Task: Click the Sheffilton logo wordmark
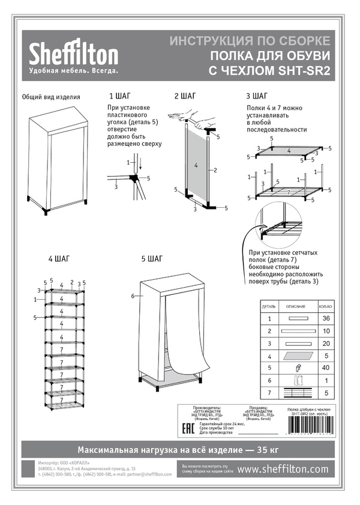74,55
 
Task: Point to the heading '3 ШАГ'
257,96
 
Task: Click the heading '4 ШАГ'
59,259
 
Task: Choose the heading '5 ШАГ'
152,259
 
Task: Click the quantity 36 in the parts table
326,318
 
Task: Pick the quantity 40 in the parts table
326,367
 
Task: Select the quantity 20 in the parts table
326,343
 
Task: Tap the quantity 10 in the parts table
326,331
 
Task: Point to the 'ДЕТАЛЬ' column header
269,306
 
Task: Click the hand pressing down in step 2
182,115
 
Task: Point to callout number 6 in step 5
132,296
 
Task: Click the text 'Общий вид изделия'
51,97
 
